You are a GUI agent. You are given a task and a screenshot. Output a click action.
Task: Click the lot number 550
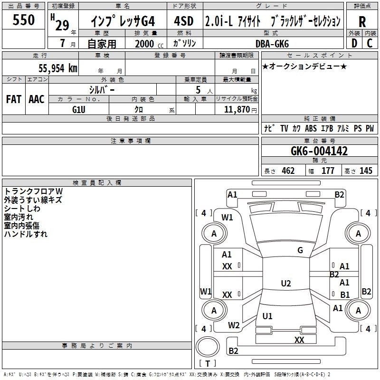[x=24, y=20]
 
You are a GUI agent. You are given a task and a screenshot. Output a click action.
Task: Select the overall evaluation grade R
[x=362, y=22]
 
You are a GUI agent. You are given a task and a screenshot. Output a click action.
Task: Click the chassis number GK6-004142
[x=319, y=151]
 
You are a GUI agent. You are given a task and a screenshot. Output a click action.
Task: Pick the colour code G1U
[x=79, y=110]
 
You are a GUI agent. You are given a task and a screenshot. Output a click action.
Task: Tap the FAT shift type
[x=13, y=99]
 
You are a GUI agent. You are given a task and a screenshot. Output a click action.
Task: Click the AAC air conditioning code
[x=36, y=99]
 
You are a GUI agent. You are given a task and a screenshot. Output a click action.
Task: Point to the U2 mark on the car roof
[x=286, y=284]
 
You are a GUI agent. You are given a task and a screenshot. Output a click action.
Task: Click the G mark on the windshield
[x=300, y=250]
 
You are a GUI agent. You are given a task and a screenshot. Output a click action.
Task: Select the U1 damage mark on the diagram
[x=267, y=316]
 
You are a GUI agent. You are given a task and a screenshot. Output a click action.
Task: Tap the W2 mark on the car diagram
[x=234, y=325]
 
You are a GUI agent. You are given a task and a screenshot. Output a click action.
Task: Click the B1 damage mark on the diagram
[x=345, y=294]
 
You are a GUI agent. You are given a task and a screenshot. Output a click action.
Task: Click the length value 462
[x=288, y=171]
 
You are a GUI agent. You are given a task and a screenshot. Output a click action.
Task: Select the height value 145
[x=366, y=171]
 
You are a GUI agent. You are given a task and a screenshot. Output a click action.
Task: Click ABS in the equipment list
[x=311, y=128]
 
